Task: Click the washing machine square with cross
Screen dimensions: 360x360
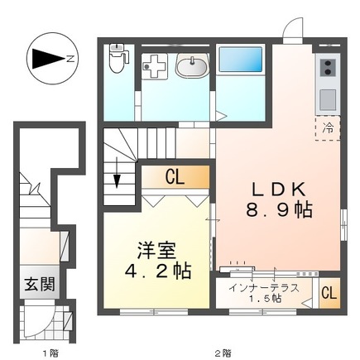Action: coord(155,67)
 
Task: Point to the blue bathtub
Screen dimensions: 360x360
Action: coord(240,63)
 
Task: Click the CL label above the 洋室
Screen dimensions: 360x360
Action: coord(174,175)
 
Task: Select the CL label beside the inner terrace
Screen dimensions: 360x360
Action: coord(328,293)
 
